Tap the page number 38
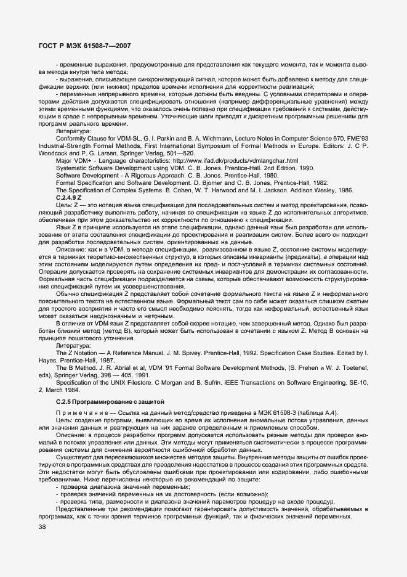pos(42,526)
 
